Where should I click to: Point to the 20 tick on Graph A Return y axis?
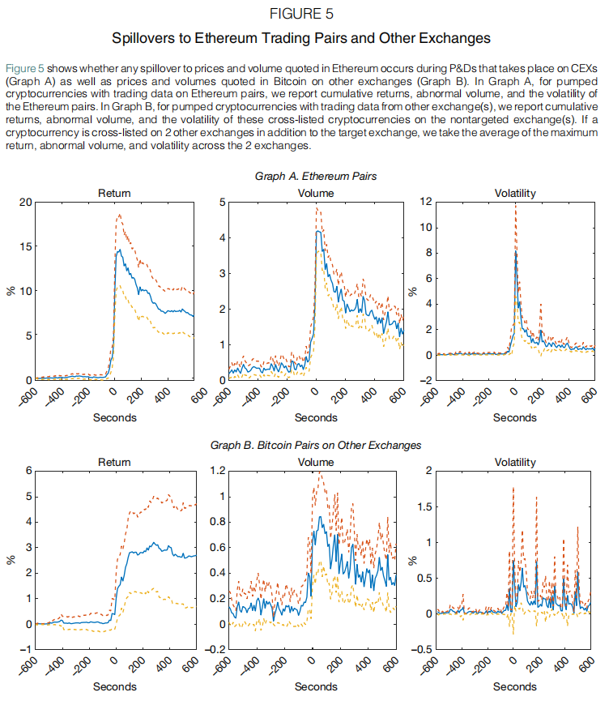[28, 203]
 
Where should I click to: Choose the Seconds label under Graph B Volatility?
[513, 686]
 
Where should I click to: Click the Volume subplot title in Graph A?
[315, 194]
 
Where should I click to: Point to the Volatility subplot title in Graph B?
[514, 463]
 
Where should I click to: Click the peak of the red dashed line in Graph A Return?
[120, 215]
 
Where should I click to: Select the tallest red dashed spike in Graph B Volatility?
[513, 487]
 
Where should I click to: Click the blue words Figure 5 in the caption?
[23, 66]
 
